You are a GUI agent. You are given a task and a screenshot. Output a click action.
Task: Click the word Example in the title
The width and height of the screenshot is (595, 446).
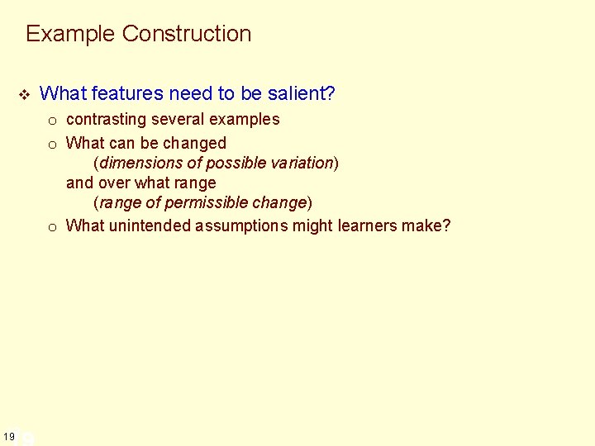(70, 34)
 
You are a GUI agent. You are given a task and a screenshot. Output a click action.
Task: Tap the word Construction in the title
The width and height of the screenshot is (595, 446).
(187, 34)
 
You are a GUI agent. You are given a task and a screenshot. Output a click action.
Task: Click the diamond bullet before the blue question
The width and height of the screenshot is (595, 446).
(24, 94)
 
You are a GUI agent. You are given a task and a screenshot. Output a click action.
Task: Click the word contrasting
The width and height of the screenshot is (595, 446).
(106, 120)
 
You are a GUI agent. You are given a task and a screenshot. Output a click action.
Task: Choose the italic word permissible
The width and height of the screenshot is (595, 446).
(207, 203)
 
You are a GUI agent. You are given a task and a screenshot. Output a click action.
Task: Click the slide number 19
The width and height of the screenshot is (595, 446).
(8, 436)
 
